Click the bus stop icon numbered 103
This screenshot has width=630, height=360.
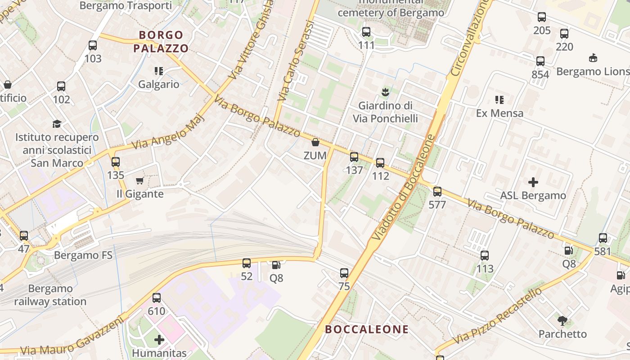[93, 45]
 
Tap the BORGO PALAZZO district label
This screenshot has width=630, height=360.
[161, 41]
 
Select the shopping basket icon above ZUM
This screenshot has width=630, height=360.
[315, 143]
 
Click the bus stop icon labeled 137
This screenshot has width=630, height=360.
[354, 157]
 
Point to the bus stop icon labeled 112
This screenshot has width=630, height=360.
[380, 163]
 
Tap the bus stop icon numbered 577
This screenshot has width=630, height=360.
[437, 192]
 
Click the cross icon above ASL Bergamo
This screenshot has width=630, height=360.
[533, 182]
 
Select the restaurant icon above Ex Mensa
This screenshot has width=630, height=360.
[499, 99]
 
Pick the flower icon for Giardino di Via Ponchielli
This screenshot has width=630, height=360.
[385, 92]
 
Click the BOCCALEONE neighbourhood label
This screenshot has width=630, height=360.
[367, 329]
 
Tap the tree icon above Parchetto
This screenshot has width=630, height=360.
[562, 321]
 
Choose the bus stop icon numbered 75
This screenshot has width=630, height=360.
[344, 273]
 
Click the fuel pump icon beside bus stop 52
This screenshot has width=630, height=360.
[275, 265]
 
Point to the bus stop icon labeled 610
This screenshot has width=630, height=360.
[157, 298]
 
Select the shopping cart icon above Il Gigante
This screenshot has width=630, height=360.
[139, 181]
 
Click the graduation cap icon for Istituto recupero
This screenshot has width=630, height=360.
[57, 124]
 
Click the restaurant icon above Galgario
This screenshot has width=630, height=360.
[158, 71]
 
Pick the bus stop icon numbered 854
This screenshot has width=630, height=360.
[540, 61]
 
